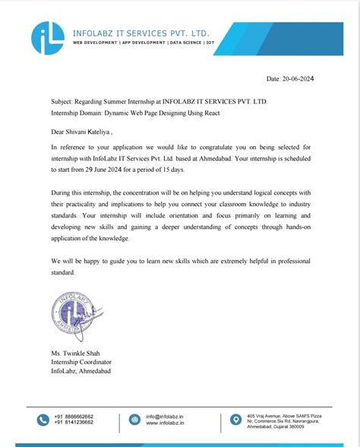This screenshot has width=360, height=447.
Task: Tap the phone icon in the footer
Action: click(x=40, y=420)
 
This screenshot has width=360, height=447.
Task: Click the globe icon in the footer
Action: click(x=135, y=420)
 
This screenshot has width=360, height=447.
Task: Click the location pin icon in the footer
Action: click(x=236, y=420)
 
